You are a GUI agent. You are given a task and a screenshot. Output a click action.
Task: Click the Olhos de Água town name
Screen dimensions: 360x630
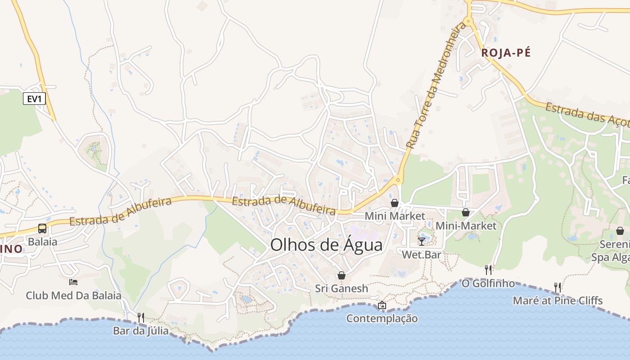(326, 245)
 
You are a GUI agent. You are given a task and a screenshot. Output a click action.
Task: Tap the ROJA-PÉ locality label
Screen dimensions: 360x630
(506, 53)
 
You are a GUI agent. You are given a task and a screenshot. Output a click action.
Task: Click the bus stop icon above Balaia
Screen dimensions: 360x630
(42, 228)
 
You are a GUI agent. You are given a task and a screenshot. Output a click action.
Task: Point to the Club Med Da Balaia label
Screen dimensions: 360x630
(73, 296)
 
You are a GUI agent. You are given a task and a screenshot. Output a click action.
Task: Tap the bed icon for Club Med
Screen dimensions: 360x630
(73, 282)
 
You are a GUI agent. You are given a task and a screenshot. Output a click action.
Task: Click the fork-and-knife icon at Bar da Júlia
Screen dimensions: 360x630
(141, 317)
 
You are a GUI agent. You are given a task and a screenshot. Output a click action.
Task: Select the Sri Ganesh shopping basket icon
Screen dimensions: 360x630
(342, 275)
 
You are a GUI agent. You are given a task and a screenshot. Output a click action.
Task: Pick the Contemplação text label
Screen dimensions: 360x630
(382, 319)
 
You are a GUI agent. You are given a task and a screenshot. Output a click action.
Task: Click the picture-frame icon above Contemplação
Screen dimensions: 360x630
(382, 306)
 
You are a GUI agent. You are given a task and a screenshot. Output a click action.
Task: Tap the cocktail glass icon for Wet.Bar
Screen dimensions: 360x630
(421, 242)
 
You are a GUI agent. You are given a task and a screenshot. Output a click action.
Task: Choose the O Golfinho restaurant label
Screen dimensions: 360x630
(488, 283)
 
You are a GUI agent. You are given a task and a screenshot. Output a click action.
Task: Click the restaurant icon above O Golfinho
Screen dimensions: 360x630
(488, 270)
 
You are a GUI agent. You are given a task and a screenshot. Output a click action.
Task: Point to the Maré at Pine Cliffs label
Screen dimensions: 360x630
(558, 300)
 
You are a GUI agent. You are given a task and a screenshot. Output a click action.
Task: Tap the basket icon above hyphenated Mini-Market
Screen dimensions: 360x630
(466, 212)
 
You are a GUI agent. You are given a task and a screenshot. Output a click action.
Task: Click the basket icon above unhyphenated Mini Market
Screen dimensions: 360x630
(395, 203)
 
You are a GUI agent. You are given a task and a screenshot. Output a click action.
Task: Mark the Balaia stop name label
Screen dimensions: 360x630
(42, 242)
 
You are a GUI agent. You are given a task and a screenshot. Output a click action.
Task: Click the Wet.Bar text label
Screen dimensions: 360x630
(421, 255)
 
